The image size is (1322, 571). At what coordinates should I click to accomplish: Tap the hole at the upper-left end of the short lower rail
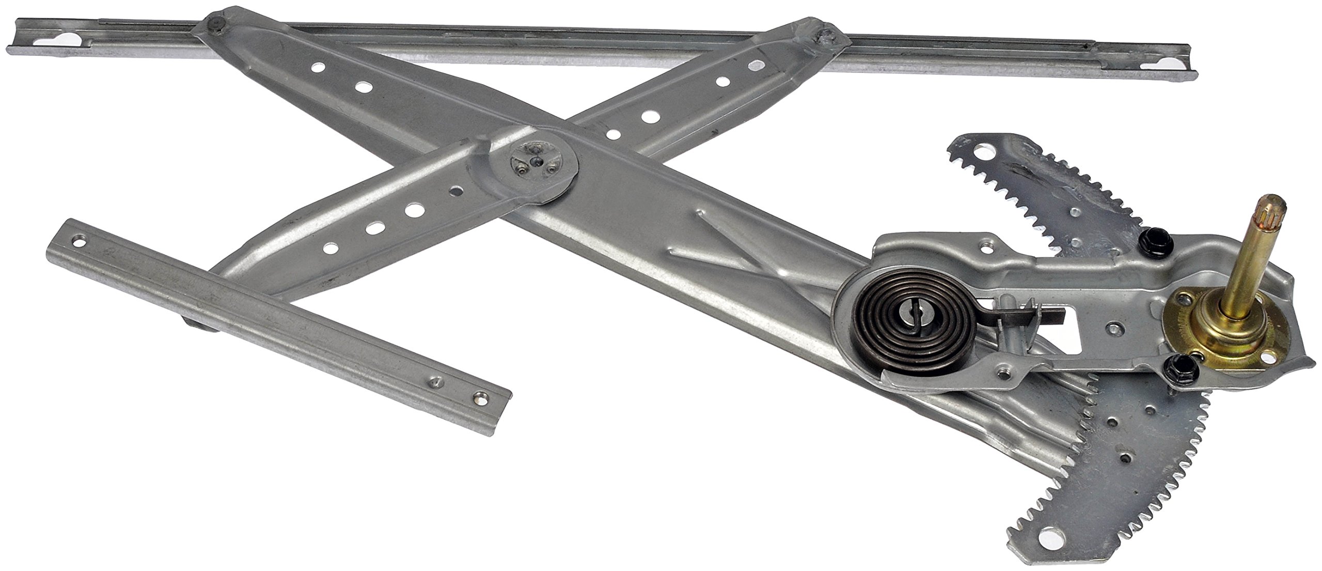coord(78,241)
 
